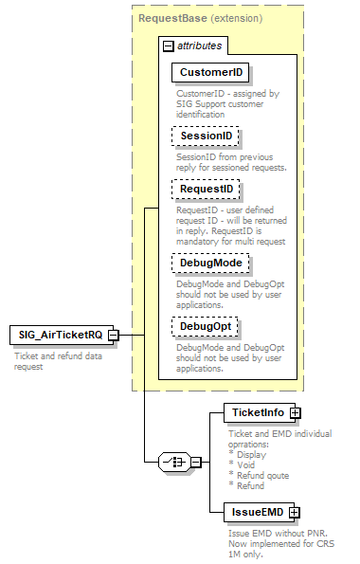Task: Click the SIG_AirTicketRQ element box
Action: pos(57,335)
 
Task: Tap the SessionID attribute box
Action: pos(207,136)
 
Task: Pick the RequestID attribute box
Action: pos(207,191)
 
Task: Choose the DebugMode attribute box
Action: pos(209,262)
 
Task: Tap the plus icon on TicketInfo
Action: pos(295,412)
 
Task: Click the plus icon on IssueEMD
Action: pos(294,512)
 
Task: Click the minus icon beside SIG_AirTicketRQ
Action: pos(113,335)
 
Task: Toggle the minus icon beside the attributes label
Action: pos(168,45)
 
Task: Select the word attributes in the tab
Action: pos(200,45)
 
